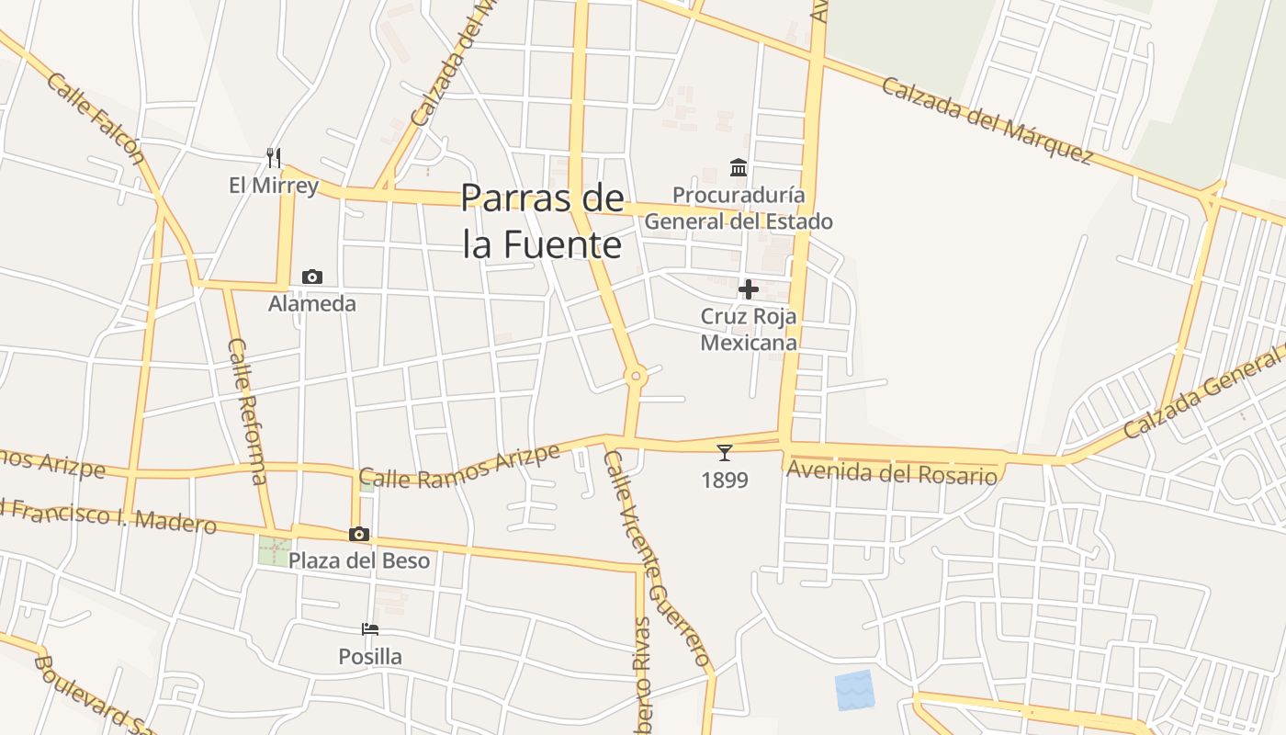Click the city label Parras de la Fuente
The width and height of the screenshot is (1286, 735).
click(542, 221)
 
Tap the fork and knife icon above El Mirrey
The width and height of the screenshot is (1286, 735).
click(273, 157)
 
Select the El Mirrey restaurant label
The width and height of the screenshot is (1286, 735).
click(274, 186)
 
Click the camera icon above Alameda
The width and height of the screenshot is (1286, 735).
click(312, 277)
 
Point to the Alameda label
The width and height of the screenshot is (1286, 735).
click(312, 303)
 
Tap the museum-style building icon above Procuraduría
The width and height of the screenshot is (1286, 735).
click(739, 167)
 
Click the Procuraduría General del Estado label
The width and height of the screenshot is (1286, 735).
click(739, 209)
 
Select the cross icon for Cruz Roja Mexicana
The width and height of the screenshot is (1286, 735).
click(749, 289)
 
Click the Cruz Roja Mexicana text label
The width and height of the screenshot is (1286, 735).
click(749, 329)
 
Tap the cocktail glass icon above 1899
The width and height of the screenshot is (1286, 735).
click(725, 452)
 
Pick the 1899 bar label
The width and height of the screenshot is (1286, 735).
click(725, 480)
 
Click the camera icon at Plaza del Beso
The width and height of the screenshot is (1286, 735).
click(359, 534)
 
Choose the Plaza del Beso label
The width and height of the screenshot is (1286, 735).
click(359, 560)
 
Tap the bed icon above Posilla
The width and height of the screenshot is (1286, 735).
click(370, 629)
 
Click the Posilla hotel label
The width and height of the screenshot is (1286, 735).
click(370, 657)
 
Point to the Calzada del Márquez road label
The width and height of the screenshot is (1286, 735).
click(987, 120)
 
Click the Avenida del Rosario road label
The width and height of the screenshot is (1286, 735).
click(892, 474)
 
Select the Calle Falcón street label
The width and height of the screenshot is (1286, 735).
click(96, 118)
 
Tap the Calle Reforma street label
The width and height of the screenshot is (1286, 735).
click(248, 410)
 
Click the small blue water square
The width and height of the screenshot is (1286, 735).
click(854, 690)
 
